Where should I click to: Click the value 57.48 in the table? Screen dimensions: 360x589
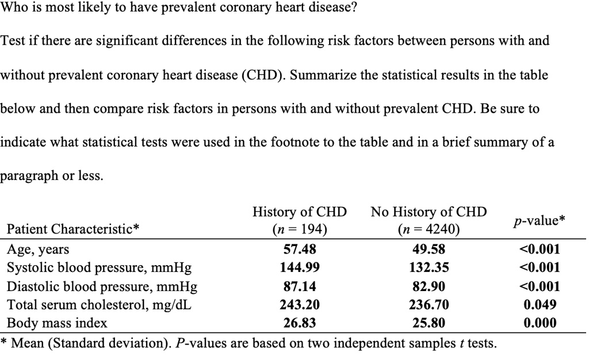pyautogui.click(x=300, y=250)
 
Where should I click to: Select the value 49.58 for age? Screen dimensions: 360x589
pyautogui.click(x=429, y=250)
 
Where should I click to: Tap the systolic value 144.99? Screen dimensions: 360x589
pyautogui.click(x=300, y=267)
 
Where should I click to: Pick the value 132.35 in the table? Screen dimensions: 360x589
pyautogui.click(x=429, y=267)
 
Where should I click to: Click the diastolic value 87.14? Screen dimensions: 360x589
pyautogui.click(x=300, y=286)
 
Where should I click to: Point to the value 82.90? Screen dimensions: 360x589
pyautogui.click(x=429, y=286)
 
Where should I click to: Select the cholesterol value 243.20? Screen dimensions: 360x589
pyautogui.click(x=300, y=305)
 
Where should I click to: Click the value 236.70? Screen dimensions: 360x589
pyautogui.click(x=429, y=305)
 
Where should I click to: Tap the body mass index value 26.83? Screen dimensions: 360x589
pyautogui.click(x=300, y=323)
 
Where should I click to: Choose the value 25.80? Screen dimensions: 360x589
pyautogui.click(x=429, y=323)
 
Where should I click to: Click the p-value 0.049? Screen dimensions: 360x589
pyautogui.click(x=540, y=305)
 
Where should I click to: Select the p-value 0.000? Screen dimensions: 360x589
pyautogui.click(x=540, y=323)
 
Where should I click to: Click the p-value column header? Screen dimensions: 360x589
pyautogui.click(x=539, y=221)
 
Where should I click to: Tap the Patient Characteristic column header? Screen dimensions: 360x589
pyautogui.click(x=73, y=229)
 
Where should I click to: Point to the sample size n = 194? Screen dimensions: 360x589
pyautogui.click(x=300, y=230)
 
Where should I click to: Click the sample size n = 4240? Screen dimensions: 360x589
pyautogui.click(x=429, y=230)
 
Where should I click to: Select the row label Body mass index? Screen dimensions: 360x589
pyautogui.click(x=56, y=323)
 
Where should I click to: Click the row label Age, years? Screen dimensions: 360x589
pyautogui.click(x=37, y=250)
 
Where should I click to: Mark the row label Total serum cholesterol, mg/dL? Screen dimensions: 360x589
pyautogui.click(x=98, y=305)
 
